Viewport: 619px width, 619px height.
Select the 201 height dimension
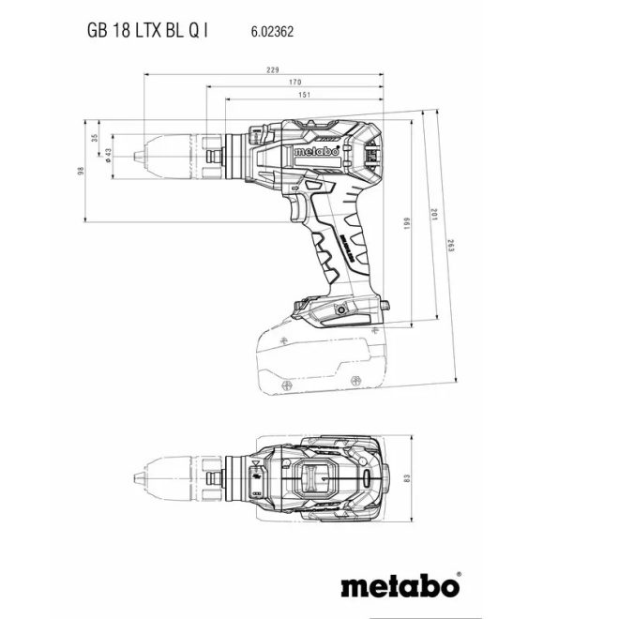click(432, 215)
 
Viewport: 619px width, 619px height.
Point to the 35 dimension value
click(94, 138)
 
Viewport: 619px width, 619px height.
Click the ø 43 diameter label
click(109, 154)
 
